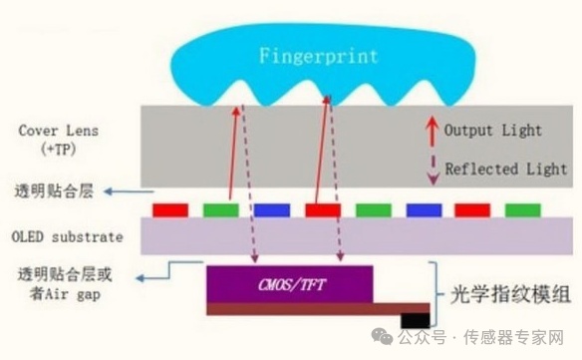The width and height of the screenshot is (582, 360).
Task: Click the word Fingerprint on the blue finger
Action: click(x=319, y=56)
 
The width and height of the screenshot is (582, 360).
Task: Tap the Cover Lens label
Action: click(x=59, y=131)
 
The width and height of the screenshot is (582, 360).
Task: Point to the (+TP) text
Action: click(x=59, y=150)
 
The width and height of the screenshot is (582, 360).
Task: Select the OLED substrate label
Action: click(x=67, y=237)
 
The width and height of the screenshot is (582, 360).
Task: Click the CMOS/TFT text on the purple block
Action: click(x=292, y=285)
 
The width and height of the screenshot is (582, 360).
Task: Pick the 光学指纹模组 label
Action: click(x=510, y=295)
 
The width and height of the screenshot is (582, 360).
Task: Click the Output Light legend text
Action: click(x=493, y=130)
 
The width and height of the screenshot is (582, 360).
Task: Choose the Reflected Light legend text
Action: click(x=506, y=170)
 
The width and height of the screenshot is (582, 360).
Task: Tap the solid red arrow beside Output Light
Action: click(x=433, y=131)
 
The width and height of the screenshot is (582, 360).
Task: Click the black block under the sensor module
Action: click(x=415, y=320)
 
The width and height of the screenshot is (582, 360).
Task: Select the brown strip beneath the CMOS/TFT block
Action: click(x=318, y=309)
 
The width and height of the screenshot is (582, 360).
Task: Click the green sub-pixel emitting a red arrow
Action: click(x=221, y=210)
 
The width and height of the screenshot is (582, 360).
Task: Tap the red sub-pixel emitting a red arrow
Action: click(x=323, y=210)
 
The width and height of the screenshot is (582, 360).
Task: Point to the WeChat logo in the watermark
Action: click(x=382, y=336)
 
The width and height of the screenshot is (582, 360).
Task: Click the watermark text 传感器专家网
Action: click(x=513, y=337)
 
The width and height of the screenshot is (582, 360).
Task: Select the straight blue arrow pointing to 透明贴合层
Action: click(x=129, y=191)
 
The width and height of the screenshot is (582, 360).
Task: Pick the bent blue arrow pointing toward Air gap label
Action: click(x=169, y=270)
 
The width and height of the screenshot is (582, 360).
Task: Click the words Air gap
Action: click(x=73, y=294)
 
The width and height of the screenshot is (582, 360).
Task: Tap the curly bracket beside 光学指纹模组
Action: click(x=436, y=294)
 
